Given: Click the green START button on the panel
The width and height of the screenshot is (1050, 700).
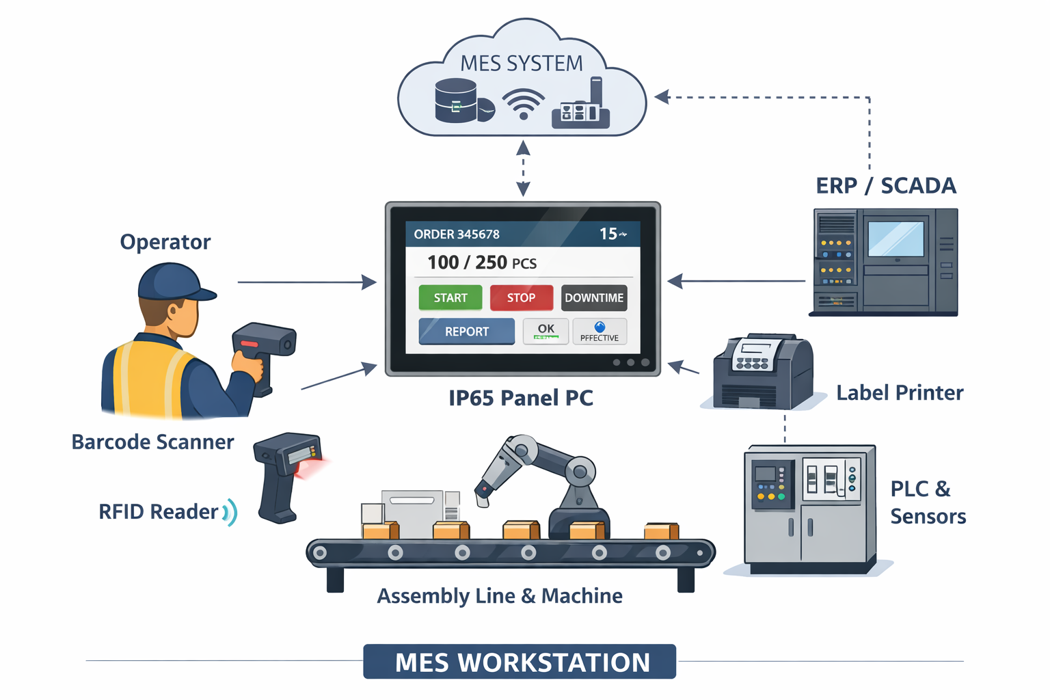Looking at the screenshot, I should click(x=450, y=297).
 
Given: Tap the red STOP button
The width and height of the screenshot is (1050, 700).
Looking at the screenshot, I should click(x=521, y=297).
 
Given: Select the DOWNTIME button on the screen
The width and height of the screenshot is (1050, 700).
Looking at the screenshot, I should click(x=594, y=297).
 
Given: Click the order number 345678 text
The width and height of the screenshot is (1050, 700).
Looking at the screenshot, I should click(x=457, y=234).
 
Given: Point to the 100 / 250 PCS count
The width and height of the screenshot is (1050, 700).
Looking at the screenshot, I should click(x=482, y=262).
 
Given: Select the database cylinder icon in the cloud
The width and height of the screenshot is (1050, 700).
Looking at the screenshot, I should click(x=456, y=100).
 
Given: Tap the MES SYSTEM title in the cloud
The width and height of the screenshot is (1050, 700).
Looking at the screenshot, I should click(x=522, y=64).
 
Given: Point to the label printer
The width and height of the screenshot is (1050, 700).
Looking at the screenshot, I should click(x=762, y=373).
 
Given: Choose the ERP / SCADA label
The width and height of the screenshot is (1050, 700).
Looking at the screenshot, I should click(x=886, y=186).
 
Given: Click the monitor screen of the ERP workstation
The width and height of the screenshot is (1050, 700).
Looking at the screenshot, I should click(x=896, y=239).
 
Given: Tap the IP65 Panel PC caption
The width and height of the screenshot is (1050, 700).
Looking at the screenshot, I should click(x=521, y=398).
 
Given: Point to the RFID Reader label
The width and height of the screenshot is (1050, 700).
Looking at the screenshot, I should click(x=159, y=511).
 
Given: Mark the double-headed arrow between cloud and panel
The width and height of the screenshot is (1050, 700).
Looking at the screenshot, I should click(x=523, y=168).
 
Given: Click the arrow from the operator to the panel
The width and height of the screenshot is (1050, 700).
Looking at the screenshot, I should click(x=307, y=282).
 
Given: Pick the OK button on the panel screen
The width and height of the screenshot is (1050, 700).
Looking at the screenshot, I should click(x=546, y=331).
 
